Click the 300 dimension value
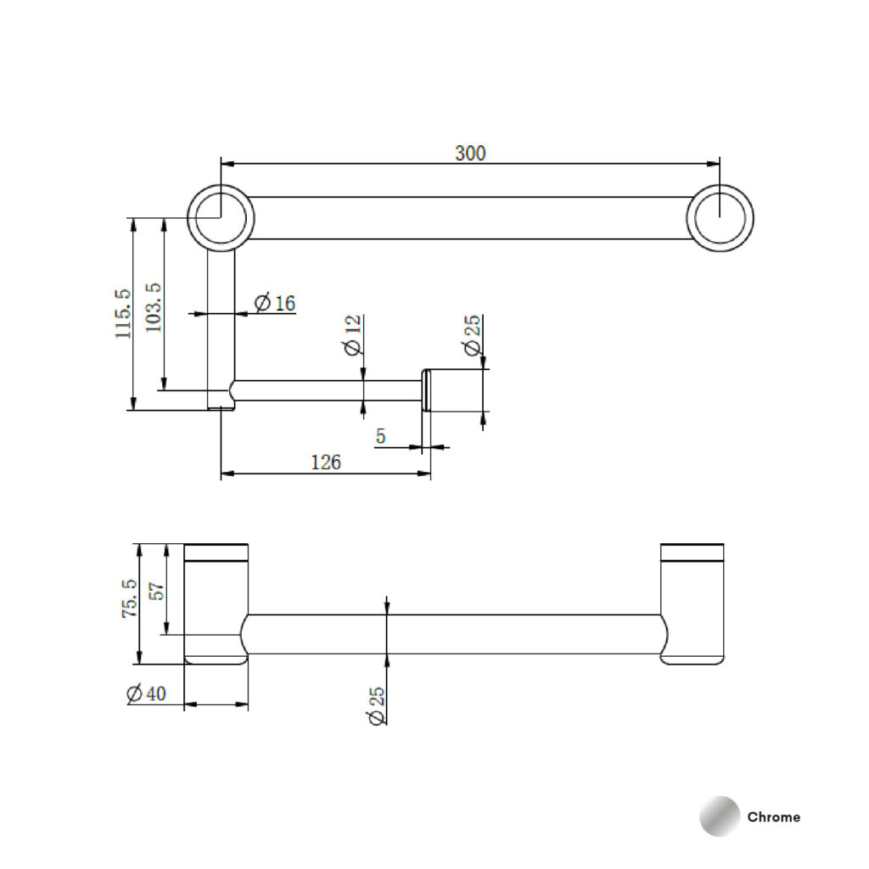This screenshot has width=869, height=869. pyautogui.click(x=470, y=153)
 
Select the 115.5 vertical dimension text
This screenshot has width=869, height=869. pyautogui.click(x=123, y=314)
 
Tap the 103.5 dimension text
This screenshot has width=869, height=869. pyautogui.click(x=154, y=307)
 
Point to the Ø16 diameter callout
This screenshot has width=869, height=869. pyautogui.click(x=275, y=303)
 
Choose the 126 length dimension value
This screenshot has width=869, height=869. pyautogui.click(x=325, y=463)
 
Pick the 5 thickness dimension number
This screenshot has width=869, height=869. pyautogui.click(x=380, y=436)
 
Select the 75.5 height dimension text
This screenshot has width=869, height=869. pyautogui.click(x=129, y=598)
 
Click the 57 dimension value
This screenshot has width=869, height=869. pyautogui.click(x=158, y=591)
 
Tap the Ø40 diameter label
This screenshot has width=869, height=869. pyautogui.click(x=146, y=693)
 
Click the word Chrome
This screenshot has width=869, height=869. pyautogui.click(x=774, y=817)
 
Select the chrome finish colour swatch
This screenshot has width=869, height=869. pyautogui.click(x=720, y=816)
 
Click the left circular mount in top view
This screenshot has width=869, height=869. pyautogui.click(x=221, y=218)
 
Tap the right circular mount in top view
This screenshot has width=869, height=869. pyautogui.click(x=720, y=218)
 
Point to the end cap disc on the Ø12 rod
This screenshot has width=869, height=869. pyautogui.click(x=426, y=390)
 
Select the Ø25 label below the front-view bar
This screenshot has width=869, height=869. pyautogui.click(x=376, y=705)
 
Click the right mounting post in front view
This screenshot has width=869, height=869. pyautogui.click(x=692, y=604)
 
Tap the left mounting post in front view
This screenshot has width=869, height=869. pyautogui.click(x=216, y=604)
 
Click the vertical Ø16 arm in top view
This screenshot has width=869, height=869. pyautogui.click(x=221, y=330)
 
